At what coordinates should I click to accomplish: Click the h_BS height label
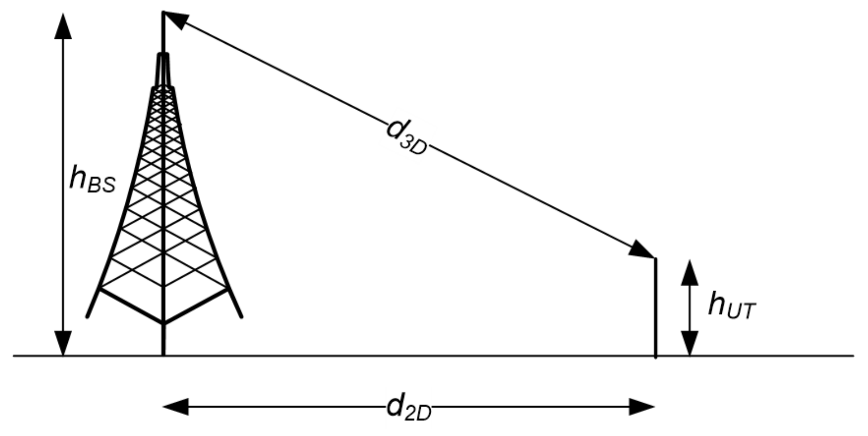92,179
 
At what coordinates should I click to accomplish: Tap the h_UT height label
732,306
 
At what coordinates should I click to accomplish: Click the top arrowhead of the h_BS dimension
63,27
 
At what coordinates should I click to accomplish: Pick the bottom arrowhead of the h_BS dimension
63,343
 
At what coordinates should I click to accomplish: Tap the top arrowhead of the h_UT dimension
690,273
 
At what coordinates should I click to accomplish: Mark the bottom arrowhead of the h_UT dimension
690,343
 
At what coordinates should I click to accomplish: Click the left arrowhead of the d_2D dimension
176,407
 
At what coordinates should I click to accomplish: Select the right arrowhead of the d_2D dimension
641,407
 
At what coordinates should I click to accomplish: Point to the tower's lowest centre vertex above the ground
163,322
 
